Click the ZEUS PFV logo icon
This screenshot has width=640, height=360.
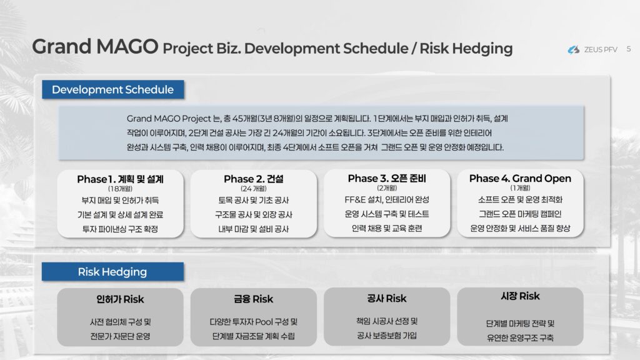(574, 49)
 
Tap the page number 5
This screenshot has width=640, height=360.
(629, 49)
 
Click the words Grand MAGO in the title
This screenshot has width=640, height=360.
(95, 46)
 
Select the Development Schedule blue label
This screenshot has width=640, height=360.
(113, 89)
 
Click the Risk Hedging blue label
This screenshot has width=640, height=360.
(112, 271)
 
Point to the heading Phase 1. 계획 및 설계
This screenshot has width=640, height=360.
(121, 179)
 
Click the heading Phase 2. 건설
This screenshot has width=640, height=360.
(254, 179)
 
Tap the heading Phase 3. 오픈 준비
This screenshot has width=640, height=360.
(387, 178)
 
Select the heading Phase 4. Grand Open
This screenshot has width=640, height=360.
(520, 178)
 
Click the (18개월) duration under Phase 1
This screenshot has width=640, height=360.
(121, 189)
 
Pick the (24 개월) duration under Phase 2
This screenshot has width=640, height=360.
(254, 189)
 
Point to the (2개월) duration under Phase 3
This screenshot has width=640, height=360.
(387, 187)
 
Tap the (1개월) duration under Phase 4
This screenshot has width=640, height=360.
(520, 187)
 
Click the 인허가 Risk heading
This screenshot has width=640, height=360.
(121, 299)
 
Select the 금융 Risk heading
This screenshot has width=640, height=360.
(254, 299)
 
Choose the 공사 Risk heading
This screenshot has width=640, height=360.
(387, 298)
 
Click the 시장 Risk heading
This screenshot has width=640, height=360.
(520, 296)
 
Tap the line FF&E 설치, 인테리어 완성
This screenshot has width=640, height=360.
(387, 199)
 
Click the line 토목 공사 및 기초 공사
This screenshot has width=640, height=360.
(254, 201)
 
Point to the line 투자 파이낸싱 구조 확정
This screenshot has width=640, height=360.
(121, 229)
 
